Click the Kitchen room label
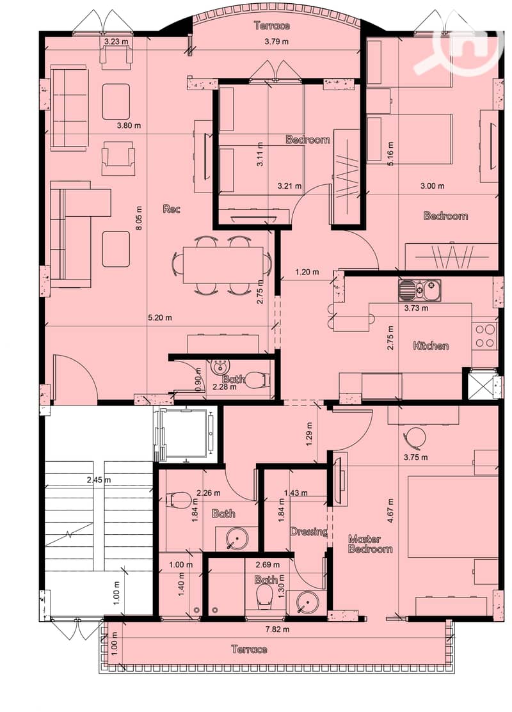click(431, 345)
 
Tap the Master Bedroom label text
click(371, 544)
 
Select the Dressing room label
click(309, 531)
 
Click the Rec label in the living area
click(172, 209)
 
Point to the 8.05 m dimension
click(139, 218)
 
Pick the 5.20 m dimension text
click(160, 318)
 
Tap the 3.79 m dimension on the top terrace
click(276, 42)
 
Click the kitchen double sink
click(419, 290)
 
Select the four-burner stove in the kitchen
click(484, 336)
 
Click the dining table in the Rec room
click(223, 265)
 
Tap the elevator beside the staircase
click(186, 433)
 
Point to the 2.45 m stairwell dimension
click(99, 480)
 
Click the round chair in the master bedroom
click(414, 438)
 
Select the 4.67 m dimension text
click(390, 511)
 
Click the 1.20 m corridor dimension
click(307, 273)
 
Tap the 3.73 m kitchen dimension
click(416, 308)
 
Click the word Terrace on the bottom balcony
click(249, 649)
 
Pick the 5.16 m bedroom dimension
click(390, 154)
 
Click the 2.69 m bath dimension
click(268, 565)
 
